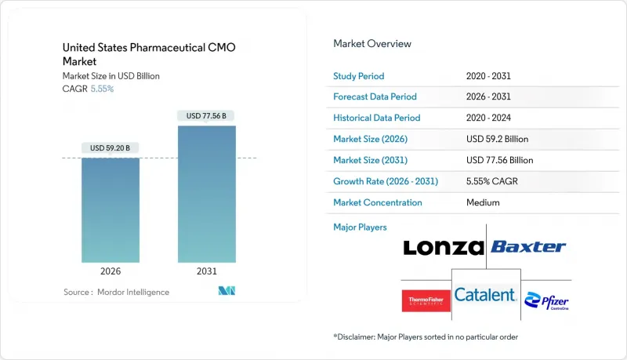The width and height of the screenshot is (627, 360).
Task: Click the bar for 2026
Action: pos(111,210)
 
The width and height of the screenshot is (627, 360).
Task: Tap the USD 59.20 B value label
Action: pos(111,148)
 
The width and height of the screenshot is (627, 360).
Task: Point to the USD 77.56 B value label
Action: pos(206,116)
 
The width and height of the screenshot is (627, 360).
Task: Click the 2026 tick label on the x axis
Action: pos(111,272)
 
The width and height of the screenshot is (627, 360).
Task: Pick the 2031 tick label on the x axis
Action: pos(206,272)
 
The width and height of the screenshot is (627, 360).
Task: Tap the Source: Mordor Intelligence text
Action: pos(116,292)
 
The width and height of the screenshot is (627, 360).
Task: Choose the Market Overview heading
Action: pos(371,43)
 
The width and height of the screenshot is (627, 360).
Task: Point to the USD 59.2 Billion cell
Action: pos(497,139)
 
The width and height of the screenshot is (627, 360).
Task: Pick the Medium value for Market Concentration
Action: pos(482,202)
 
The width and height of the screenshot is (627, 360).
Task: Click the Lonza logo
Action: pos(443,248)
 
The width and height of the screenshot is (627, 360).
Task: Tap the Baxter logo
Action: pos(528,247)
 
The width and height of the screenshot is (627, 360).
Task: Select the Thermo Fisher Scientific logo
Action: pos(426,300)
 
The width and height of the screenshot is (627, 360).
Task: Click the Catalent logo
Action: pos(486,295)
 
